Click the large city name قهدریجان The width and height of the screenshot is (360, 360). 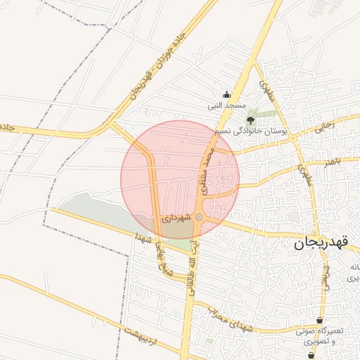click(x=324, y=244)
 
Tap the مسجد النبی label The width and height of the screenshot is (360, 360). click(x=224, y=106)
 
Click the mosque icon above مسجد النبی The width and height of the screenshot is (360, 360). click(x=226, y=94)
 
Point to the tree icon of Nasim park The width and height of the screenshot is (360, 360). click(x=251, y=121)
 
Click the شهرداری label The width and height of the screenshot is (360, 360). click(x=176, y=219)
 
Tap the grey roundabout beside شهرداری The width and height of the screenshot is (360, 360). click(x=199, y=218)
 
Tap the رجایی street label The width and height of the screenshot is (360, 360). click(x=324, y=127)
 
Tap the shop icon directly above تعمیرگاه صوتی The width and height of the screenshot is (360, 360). click(x=320, y=320)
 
